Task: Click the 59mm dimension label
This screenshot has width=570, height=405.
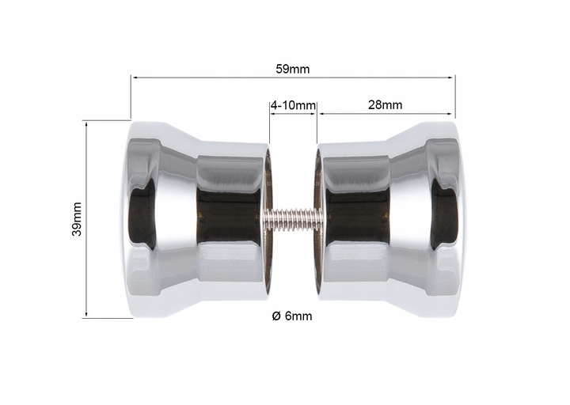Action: [x=293, y=69]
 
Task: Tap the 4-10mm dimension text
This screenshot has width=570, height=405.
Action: [x=293, y=105]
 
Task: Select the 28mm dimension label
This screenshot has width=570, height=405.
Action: [x=385, y=104]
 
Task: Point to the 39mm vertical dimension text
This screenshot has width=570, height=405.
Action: [x=77, y=219]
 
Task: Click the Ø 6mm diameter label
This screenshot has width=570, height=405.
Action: [x=292, y=316]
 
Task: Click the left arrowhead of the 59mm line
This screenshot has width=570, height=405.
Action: [x=134, y=78]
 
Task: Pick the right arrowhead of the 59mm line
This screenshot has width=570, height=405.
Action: [x=452, y=78]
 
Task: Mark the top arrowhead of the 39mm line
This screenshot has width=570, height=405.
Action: [x=86, y=125]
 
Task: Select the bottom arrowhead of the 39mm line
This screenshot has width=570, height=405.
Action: [x=86, y=315]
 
